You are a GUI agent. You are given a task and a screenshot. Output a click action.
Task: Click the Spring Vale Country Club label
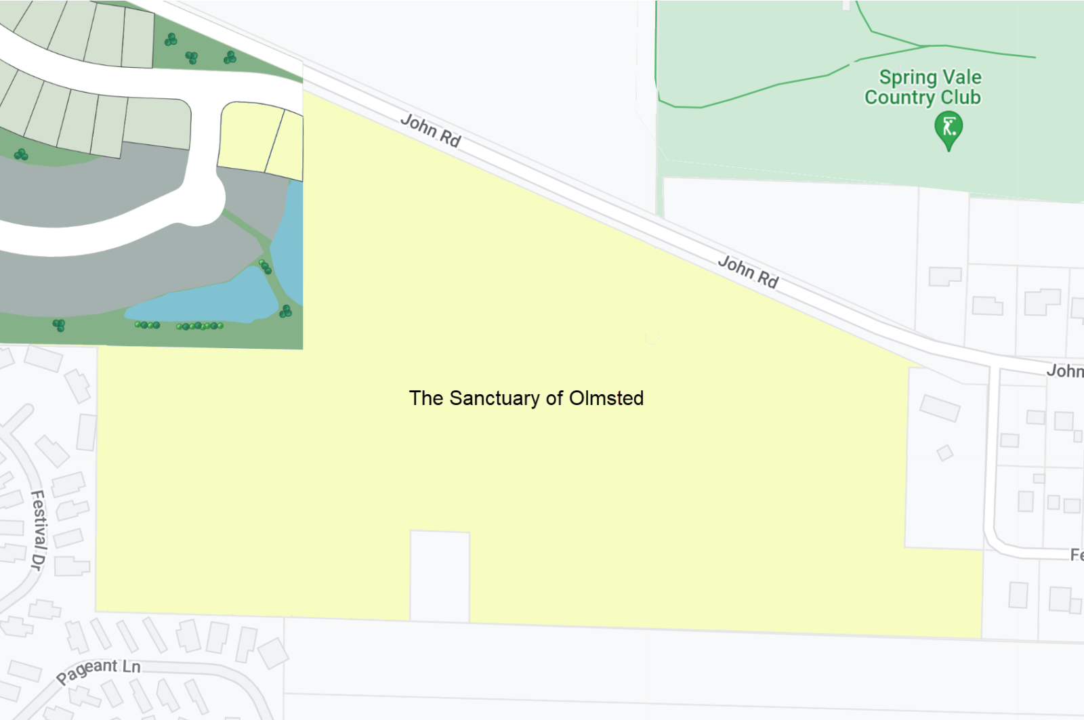(x=924, y=87)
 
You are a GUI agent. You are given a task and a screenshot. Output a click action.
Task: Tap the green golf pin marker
(x=948, y=129)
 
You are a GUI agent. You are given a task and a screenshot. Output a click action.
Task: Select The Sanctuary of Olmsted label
(x=526, y=398)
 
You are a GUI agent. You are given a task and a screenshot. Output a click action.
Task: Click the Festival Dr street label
(x=38, y=530)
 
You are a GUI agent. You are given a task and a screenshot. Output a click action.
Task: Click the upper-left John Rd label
(x=431, y=131)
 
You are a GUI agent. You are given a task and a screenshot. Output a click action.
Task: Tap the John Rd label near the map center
(x=749, y=272)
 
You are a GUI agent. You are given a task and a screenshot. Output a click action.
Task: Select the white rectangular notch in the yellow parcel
(x=440, y=576)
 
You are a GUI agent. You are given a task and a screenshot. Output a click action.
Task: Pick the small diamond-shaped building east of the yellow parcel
(x=945, y=452)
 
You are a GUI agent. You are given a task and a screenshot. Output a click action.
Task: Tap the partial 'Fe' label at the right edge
(x=1076, y=555)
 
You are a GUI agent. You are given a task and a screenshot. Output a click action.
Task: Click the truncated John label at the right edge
(x=1064, y=371)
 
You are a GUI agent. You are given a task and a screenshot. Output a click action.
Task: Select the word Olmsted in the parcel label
(x=606, y=398)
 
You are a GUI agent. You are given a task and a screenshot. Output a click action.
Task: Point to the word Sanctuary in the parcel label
(x=502, y=398)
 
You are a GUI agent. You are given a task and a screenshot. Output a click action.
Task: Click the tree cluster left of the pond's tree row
(x=59, y=325)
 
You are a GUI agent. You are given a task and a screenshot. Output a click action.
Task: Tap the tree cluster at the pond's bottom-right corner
(x=286, y=312)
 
